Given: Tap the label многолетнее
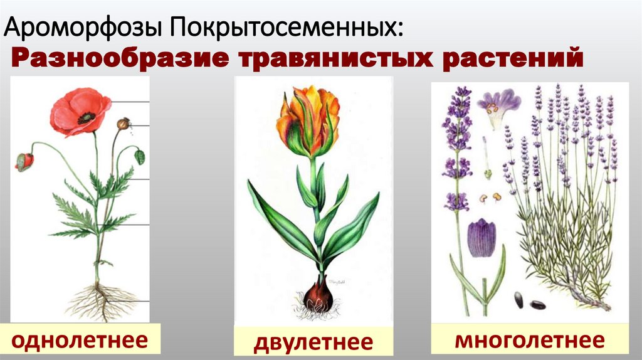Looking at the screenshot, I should [530, 341].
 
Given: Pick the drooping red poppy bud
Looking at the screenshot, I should [24, 161].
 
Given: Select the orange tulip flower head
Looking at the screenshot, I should [308, 122].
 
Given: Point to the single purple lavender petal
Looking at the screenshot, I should [481, 238].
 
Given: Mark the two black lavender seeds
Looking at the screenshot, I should [529, 302].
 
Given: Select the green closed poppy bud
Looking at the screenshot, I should [139, 157].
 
